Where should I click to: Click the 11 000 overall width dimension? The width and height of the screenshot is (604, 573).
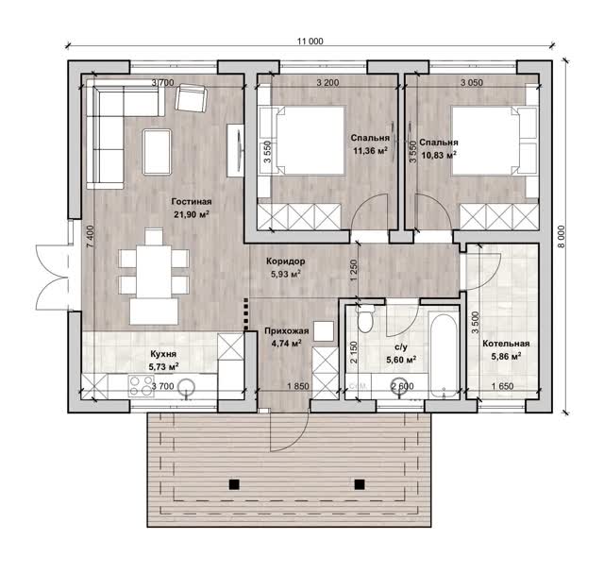310,42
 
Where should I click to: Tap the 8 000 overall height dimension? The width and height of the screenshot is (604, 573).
562,237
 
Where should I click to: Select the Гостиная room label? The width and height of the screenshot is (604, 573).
192,201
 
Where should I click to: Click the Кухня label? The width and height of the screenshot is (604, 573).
163,354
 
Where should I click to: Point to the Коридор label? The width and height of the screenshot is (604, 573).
286,261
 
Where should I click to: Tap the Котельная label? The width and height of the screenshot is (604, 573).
506,344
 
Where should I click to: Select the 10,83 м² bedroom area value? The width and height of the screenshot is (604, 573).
439,156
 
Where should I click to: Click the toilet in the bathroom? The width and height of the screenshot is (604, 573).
365,319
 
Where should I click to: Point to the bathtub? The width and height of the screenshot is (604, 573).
444,355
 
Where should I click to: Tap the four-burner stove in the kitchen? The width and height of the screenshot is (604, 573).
142,386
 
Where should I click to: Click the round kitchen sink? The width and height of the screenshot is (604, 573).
186,387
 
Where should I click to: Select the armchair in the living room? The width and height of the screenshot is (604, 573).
191,98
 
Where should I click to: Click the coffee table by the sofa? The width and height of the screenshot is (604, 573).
157,152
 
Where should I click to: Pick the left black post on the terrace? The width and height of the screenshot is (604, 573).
234,484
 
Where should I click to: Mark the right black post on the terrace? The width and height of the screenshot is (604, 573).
360,484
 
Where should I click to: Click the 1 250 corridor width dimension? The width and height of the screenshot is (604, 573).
354,270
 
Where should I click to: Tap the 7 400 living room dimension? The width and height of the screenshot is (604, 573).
90,237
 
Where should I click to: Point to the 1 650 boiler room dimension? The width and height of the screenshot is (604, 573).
503,386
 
